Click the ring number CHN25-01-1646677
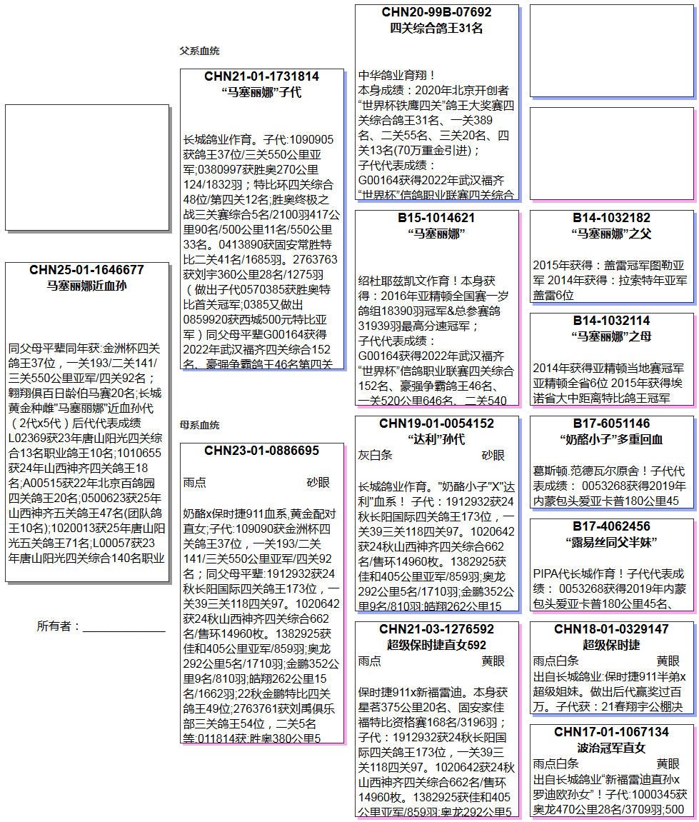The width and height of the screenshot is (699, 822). tap(86, 270)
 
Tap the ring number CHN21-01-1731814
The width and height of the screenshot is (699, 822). tap(261, 76)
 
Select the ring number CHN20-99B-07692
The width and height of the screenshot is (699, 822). tap(436, 12)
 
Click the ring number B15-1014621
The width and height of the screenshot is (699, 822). tap(436, 218)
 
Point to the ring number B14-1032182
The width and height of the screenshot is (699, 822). tap(611, 218)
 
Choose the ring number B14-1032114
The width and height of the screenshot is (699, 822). tap(611, 321)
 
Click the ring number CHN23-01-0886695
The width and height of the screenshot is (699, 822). tap(261, 451)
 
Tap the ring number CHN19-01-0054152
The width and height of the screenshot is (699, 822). tap(436, 423)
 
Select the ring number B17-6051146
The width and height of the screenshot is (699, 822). tap(611, 423)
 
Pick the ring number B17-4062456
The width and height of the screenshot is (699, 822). tap(611, 526)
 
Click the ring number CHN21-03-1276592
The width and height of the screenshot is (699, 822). tap(436, 629)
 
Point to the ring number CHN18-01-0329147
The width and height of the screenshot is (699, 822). tap(611, 629)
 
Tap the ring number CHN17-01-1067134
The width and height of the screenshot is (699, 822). tap(611, 732)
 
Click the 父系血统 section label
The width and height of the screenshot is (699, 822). tap(199, 51)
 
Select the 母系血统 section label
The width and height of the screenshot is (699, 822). tap(199, 425)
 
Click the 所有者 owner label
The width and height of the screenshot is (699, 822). tap(59, 626)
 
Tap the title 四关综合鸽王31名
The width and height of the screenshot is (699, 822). tap(436, 29)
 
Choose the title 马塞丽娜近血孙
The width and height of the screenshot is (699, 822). tap(86, 286)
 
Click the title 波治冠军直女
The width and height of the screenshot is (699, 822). tap(611, 748)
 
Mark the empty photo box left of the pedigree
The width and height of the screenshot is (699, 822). tap(86, 168)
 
